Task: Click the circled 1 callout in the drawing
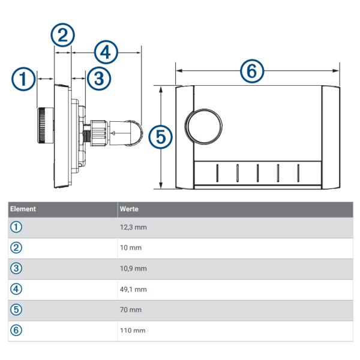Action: pyautogui.click(x=23, y=79)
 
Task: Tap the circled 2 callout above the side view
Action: pyautogui.click(x=62, y=35)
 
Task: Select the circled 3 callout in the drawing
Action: pyautogui.click(x=99, y=78)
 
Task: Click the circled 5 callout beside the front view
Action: pyautogui.click(x=160, y=137)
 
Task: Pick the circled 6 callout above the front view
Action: pyautogui.click(x=251, y=71)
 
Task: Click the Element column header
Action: pyautogui.click(x=23, y=209)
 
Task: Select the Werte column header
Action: pyautogui.click(x=130, y=209)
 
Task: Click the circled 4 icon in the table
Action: pyautogui.click(x=16, y=289)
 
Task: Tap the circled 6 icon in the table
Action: pyautogui.click(x=16, y=331)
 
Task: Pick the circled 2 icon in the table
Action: pyautogui.click(x=16, y=248)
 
